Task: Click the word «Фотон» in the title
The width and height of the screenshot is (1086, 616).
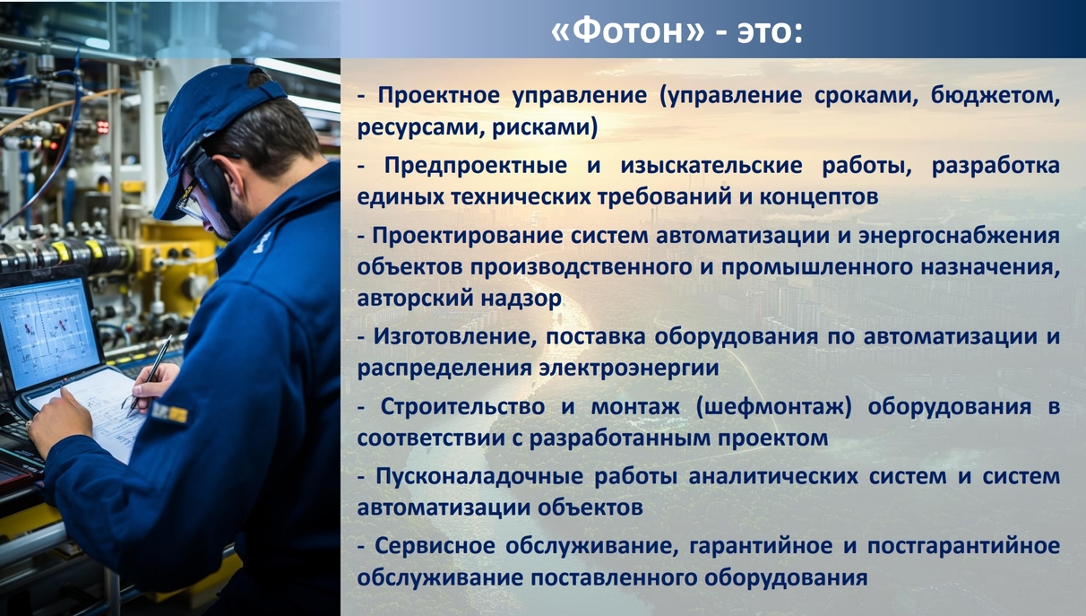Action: tap(627, 31)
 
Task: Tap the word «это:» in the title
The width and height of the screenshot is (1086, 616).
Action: tap(770, 33)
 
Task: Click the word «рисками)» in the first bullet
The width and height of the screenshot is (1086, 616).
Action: tap(545, 128)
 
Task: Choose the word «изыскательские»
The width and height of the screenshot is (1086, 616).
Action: tap(711, 166)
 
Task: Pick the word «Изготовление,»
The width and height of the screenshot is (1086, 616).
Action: tap(455, 337)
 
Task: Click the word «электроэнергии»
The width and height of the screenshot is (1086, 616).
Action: tap(629, 369)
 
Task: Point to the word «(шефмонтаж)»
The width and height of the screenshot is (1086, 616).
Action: tap(774, 407)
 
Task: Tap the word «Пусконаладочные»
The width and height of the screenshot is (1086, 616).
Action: tap(479, 477)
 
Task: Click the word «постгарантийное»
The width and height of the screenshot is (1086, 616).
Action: tap(963, 547)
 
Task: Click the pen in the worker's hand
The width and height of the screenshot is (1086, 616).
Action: tap(150, 377)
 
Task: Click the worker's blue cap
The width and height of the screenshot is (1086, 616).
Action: tap(214, 132)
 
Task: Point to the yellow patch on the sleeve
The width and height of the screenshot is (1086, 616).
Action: tap(169, 413)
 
